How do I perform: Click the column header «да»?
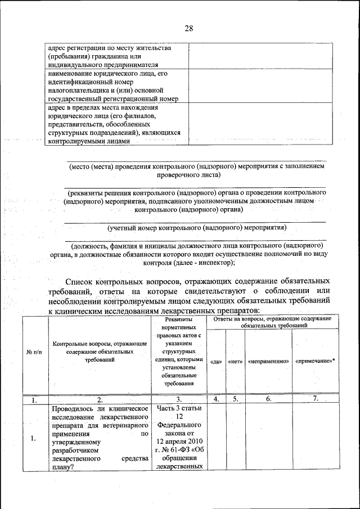216,361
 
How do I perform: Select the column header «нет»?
235,361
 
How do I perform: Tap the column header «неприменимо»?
268,361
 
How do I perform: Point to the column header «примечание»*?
314,361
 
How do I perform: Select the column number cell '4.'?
216,400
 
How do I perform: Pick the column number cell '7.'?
316,399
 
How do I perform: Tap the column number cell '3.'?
179,400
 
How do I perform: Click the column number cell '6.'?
268,399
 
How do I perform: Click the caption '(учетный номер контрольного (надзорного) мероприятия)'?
196,228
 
